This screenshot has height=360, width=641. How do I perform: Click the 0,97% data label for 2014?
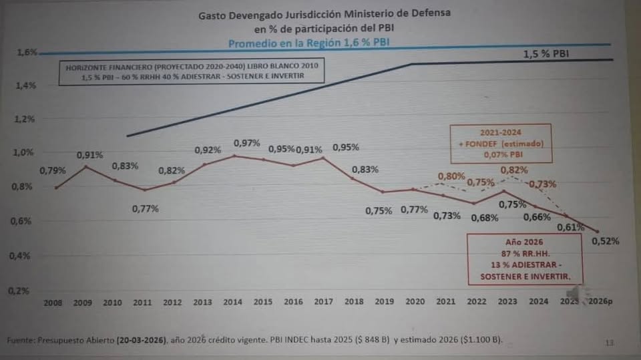coord(246,144)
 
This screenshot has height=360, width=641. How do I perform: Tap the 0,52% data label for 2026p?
coord(606,241)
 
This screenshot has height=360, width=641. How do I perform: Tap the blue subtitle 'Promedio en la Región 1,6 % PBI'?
coord(309,43)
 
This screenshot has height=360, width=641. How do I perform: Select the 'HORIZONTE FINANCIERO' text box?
coord(191,71)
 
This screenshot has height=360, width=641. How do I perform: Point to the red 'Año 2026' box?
coord(523,258)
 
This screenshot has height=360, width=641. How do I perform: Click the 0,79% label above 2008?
coord(53,170)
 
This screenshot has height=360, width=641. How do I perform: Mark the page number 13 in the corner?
coord(609,343)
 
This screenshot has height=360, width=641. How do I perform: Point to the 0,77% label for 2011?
coord(145,208)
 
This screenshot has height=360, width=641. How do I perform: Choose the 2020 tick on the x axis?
coord(414,303)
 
